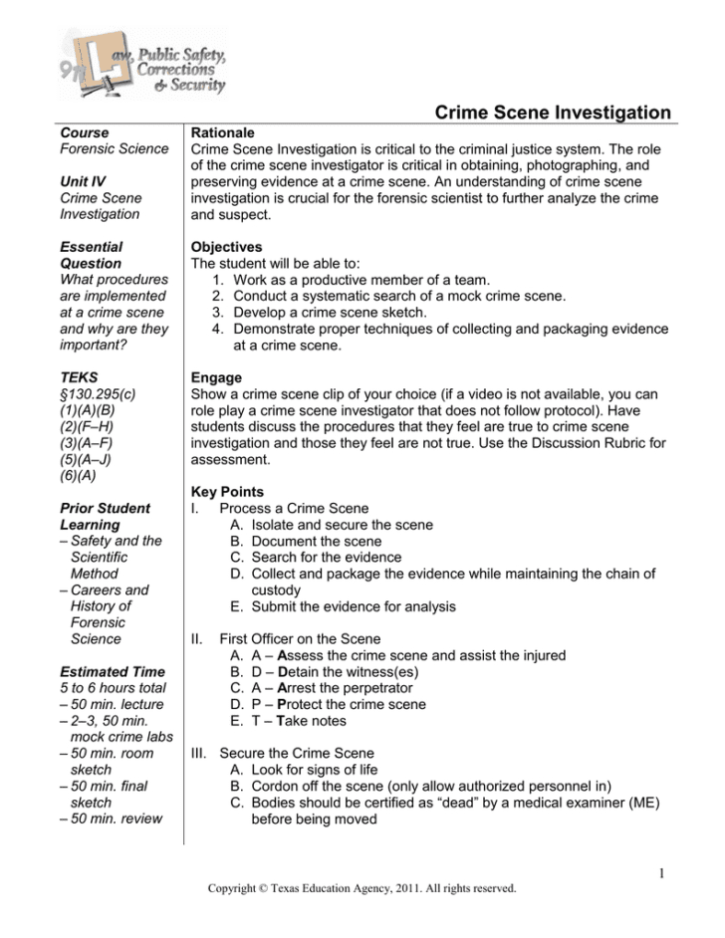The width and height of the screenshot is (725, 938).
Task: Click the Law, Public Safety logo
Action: [x=142, y=63]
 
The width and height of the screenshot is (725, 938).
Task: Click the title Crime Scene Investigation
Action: [x=554, y=114]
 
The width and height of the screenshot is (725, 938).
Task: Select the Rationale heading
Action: [x=222, y=132]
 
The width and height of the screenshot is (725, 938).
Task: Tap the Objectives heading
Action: [x=226, y=247]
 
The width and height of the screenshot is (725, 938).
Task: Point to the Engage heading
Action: [x=216, y=378]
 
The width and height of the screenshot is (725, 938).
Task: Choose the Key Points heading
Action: [x=227, y=492]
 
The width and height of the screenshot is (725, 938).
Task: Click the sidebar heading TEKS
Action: [x=79, y=378]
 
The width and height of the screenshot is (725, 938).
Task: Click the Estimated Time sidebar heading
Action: [x=111, y=671]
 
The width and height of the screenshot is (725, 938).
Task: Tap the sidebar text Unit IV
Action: [x=83, y=181]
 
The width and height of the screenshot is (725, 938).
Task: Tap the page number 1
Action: [x=661, y=874]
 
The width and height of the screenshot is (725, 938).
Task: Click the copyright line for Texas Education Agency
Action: [x=362, y=888]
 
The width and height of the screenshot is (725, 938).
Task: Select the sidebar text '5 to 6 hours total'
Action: [x=111, y=688]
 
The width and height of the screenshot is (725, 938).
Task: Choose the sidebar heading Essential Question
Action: [x=92, y=255]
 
